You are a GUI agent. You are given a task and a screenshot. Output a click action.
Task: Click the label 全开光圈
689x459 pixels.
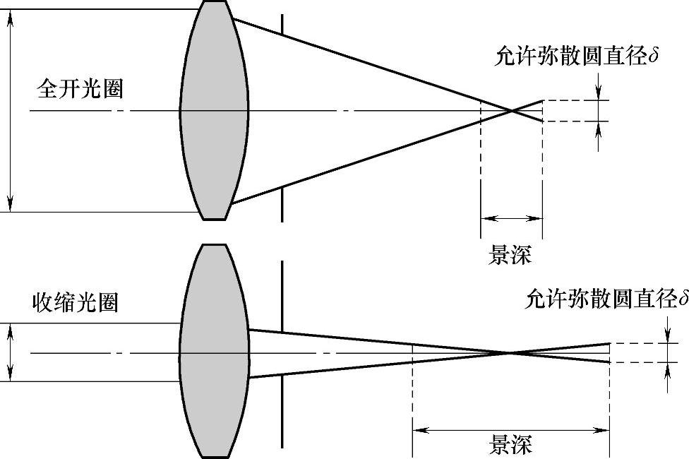click(80, 90)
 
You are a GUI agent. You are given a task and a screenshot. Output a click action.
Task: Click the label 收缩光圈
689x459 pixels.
click(76, 302)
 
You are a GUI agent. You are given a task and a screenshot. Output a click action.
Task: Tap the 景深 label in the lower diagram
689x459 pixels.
click(510, 446)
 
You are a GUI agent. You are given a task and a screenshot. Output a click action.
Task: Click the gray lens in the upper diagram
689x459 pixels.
click(214, 110)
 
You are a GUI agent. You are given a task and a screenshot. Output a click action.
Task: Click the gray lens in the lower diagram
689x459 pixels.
click(214, 351)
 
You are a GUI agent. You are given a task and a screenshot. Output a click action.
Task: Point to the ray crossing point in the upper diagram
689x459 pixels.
click(511, 110)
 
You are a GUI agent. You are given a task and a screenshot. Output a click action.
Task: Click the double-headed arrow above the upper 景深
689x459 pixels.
click(511, 218)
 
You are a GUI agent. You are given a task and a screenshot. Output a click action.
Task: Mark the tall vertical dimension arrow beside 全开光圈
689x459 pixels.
click(10, 110)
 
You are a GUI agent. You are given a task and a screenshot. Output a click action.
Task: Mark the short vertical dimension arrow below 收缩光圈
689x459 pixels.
click(10, 352)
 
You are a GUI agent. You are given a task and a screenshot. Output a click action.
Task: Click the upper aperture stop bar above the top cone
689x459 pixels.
click(282, 21)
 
